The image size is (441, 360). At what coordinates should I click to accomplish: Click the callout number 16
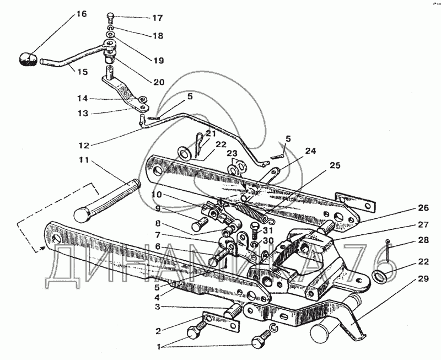(82, 14)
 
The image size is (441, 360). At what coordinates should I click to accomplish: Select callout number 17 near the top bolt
(158, 18)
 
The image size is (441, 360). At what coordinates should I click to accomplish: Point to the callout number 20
(159, 82)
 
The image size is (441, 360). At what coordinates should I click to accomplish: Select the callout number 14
(83, 99)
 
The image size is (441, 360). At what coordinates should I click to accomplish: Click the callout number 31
(268, 230)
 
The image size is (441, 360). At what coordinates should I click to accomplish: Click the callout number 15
(82, 71)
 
